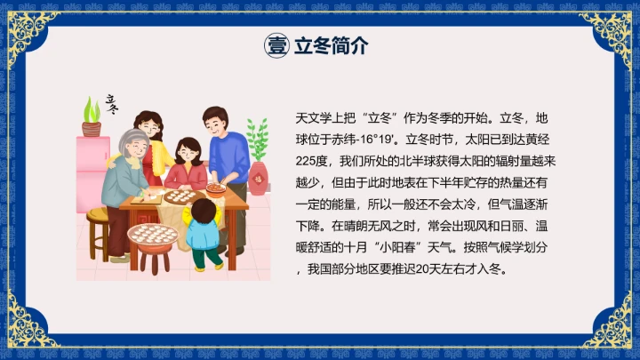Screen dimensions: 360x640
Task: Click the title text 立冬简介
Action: tap(330, 46)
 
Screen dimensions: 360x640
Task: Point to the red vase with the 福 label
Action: tap(258, 178)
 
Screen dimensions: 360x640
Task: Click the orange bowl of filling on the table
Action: tap(216, 189)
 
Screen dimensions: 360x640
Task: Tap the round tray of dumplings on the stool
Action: tap(153, 235)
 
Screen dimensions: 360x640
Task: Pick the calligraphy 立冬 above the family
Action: tap(110, 104)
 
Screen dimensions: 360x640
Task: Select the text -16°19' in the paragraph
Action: tap(380, 139)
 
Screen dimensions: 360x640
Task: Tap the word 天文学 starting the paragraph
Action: tap(312, 117)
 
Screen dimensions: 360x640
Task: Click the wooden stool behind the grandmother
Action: tap(97, 227)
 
